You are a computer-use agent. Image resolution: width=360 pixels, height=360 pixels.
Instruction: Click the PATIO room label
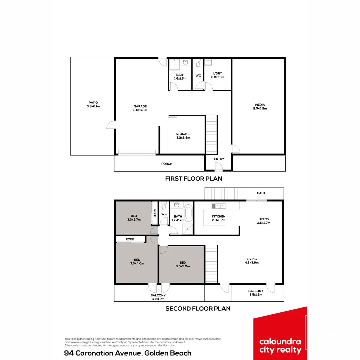click(93, 103)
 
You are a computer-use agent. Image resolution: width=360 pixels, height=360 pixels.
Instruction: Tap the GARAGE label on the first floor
click(140, 107)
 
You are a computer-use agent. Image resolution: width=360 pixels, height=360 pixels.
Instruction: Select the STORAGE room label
click(183, 134)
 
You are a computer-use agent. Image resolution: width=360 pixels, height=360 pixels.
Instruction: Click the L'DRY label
click(217, 74)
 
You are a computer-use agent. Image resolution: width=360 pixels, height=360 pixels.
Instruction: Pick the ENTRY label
click(219, 159)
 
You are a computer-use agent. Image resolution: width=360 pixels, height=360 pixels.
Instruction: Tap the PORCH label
click(167, 164)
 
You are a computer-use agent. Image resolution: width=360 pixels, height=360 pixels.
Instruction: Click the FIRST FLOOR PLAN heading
click(193, 179)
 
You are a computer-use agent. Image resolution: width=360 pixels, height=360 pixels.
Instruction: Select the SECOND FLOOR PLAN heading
click(198, 309)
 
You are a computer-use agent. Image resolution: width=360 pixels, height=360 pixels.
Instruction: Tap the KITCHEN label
click(219, 217)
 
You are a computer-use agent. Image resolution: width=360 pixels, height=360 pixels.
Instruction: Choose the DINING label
click(263, 219)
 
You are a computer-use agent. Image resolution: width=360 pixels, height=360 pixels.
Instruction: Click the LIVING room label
click(252, 259)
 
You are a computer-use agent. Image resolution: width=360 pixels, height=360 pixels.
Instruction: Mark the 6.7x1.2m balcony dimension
click(158, 299)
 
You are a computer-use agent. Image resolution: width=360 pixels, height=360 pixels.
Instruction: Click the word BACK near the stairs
click(261, 193)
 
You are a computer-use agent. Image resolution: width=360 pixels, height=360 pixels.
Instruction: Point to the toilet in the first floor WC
click(198, 63)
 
